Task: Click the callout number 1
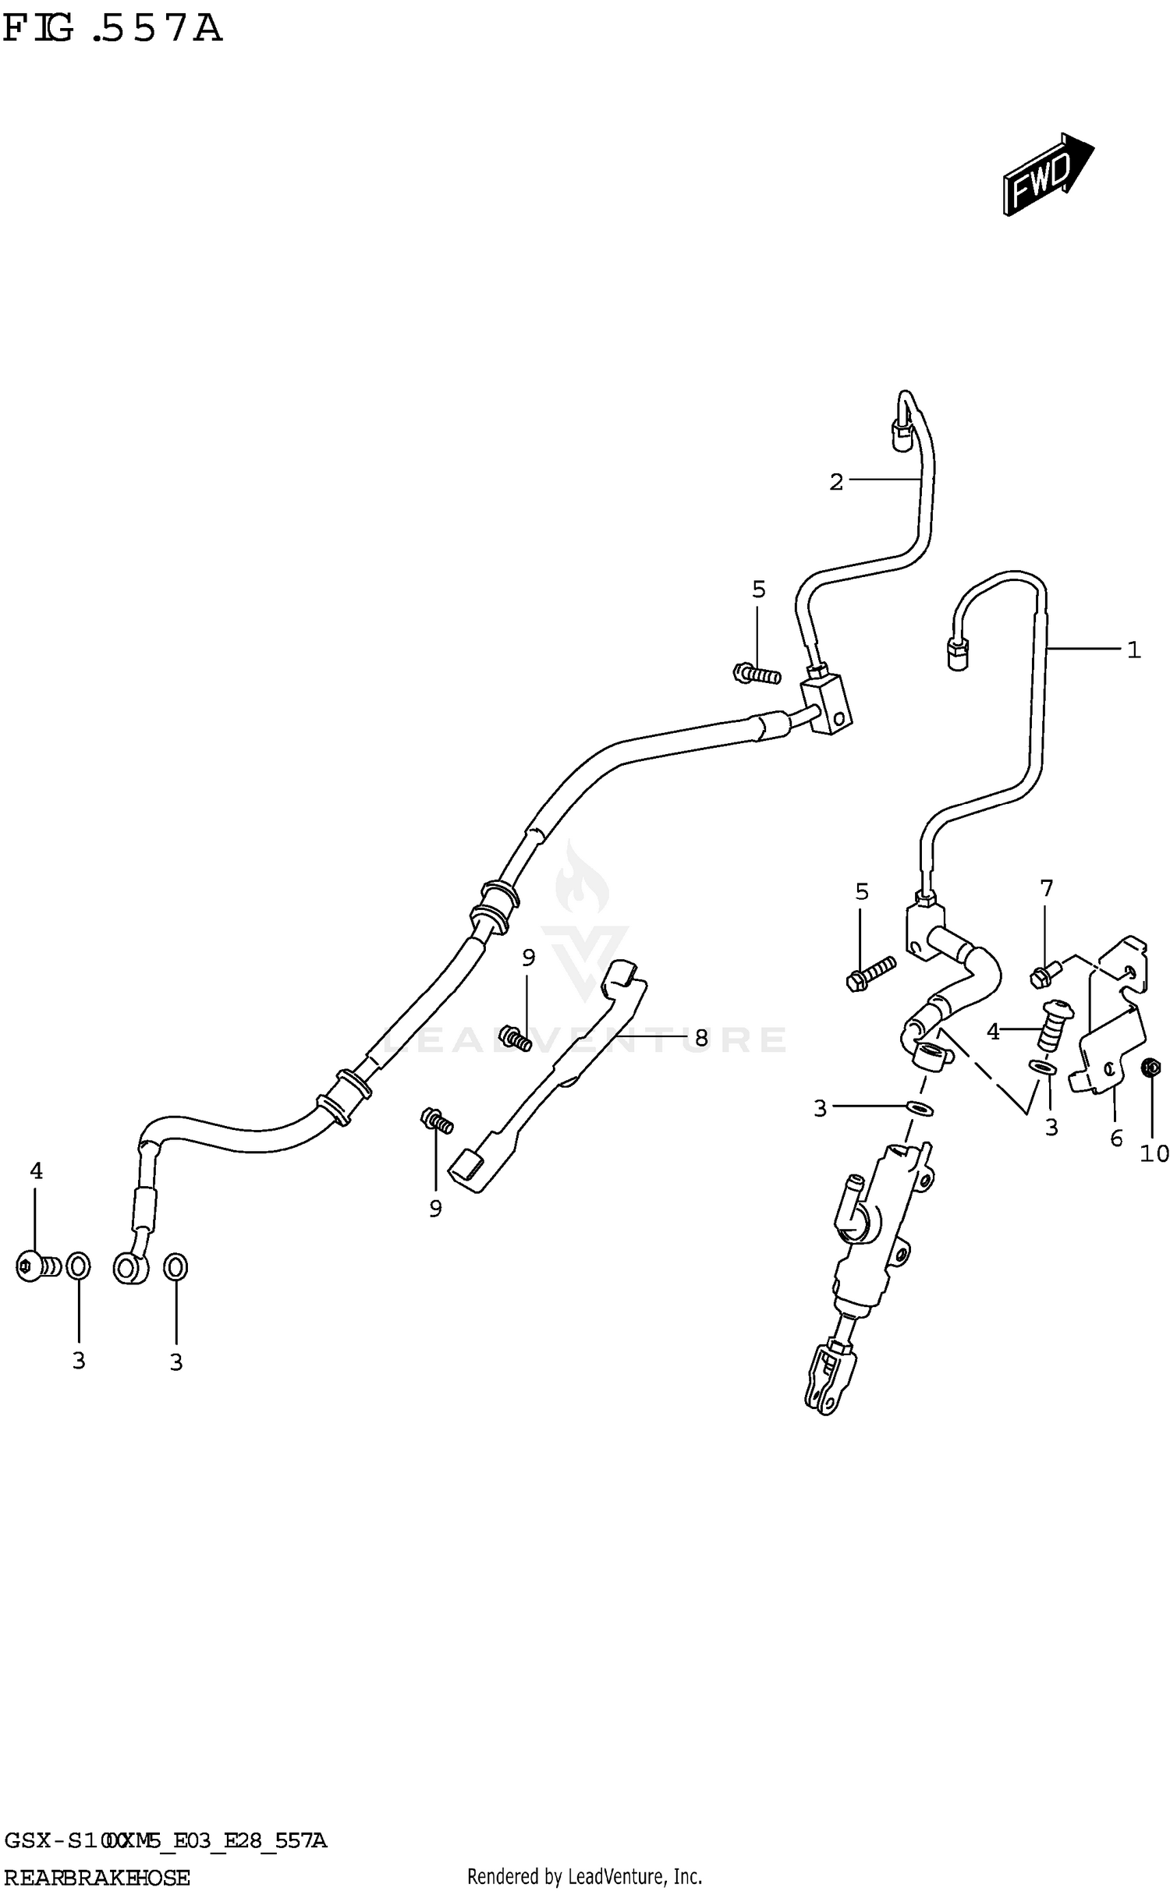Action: [x=1133, y=650]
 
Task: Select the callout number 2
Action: [x=835, y=483]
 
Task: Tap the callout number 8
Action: [x=700, y=1038]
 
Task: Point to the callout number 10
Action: [x=1154, y=1153]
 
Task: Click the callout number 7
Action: [x=1046, y=888]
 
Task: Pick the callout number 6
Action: [x=1116, y=1138]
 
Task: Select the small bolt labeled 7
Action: [x=1043, y=974]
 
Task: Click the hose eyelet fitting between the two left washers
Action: [x=129, y=1268]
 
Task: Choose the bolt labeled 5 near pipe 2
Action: [x=756, y=673]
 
